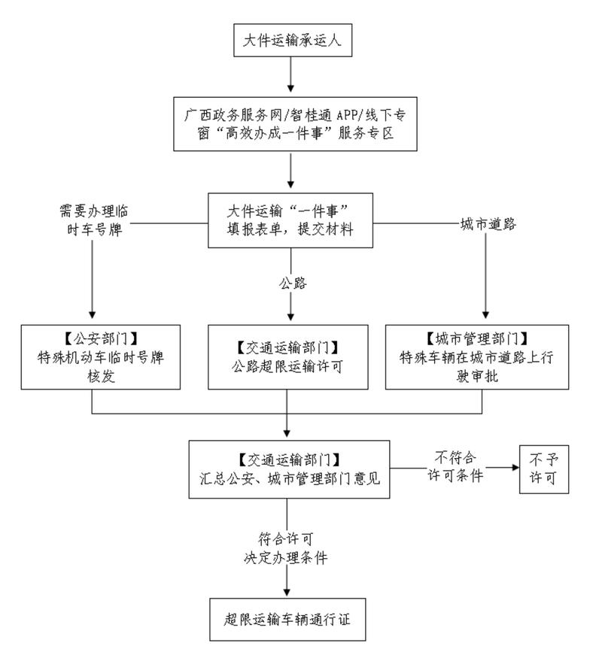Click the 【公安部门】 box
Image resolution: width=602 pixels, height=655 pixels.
coord(102,356)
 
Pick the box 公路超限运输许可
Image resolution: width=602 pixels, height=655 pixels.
coord(288,356)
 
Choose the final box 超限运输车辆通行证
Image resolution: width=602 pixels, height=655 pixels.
coord(289,619)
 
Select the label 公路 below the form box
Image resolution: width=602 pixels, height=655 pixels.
coord(290,284)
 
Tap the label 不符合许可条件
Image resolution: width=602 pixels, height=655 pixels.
coord(451,468)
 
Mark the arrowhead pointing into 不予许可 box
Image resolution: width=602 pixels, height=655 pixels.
coord(515,467)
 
